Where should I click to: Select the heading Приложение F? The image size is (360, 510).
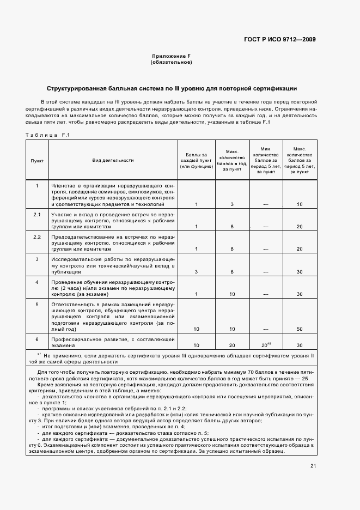pos(170,57)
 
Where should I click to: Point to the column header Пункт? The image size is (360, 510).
pos(37,160)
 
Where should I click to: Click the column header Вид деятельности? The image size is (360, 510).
pos(113,160)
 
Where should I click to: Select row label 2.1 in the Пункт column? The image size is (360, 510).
pos(37,215)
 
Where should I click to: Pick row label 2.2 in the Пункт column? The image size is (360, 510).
pos(37,237)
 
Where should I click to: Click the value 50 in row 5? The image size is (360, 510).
pos(300,329)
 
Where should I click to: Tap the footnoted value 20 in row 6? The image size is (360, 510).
pos(265,345)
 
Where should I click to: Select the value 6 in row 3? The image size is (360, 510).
pos(232,271)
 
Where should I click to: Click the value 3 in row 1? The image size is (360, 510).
pos(232,204)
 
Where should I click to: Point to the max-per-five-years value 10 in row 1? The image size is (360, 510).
pos(300,204)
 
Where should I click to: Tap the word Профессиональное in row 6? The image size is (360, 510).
pos(75,339)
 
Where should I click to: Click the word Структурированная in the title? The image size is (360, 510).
pos(72,88)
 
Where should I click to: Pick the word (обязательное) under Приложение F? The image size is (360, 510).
pos(170,63)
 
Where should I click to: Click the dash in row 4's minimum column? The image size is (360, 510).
pos(266,294)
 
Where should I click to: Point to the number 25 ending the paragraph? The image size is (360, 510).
pos(305,378)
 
